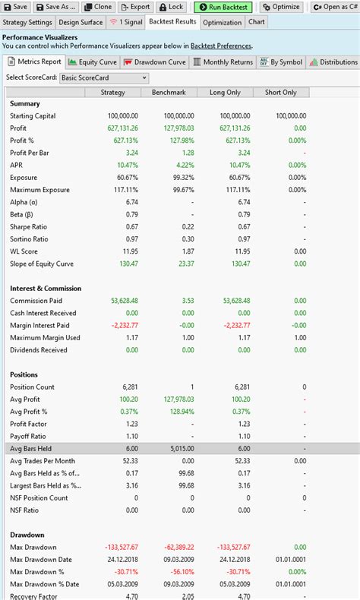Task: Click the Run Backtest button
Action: pyautogui.click(x=224, y=6)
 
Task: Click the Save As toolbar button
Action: pyautogui.click(x=56, y=6)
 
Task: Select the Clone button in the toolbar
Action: pyautogui.click(x=98, y=6)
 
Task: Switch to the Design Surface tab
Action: pyautogui.click(x=81, y=22)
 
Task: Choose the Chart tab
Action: pyautogui.click(x=257, y=22)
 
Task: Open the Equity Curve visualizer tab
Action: pyautogui.click(x=94, y=62)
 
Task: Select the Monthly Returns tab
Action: pyautogui.click(x=223, y=62)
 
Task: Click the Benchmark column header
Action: pyautogui.click(x=169, y=92)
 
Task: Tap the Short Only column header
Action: pyautogui.click(x=280, y=92)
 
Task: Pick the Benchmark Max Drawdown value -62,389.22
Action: pyautogui.click(x=175, y=548)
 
